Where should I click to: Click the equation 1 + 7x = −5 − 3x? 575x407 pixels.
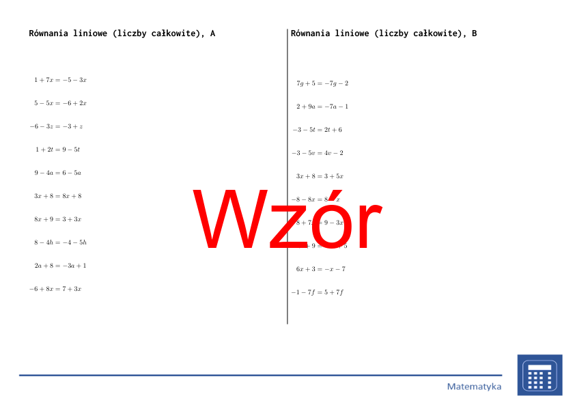[x=60, y=80]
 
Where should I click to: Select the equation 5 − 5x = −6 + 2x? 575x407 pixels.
[x=60, y=103]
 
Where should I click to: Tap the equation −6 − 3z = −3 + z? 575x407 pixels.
[x=56, y=126]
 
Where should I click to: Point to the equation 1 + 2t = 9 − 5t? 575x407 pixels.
[x=58, y=150]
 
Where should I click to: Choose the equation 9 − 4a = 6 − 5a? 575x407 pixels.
[x=58, y=173]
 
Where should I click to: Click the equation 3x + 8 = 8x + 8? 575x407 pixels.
[x=58, y=196]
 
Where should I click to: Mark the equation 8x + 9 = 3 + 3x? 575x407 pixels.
[x=58, y=219]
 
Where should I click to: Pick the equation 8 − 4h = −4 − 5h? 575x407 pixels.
[x=60, y=242]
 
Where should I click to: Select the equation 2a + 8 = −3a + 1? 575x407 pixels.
[x=60, y=266]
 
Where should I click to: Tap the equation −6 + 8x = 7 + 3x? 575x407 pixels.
[x=55, y=289]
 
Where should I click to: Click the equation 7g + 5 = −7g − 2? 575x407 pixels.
[x=322, y=83]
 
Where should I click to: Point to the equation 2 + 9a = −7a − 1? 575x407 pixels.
[x=322, y=107]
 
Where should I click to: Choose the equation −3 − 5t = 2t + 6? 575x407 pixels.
[x=318, y=130]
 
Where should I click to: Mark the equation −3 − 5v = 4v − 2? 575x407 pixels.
[x=318, y=153]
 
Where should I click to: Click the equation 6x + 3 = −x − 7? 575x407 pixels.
[x=321, y=269]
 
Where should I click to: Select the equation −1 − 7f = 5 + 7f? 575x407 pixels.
[x=318, y=292]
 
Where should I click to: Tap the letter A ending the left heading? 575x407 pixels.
[x=212, y=33]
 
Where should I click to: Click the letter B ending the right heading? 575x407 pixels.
[x=474, y=33]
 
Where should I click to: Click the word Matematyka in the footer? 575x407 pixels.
[x=474, y=387]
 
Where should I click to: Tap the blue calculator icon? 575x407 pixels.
[x=539, y=375]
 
